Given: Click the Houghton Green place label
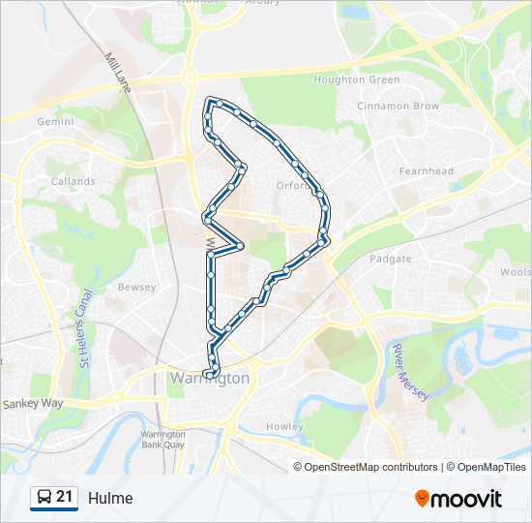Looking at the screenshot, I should (357, 79).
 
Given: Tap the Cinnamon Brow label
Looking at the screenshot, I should (398, 106).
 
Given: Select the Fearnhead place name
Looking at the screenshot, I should (426, 171).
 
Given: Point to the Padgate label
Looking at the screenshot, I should (391, 259).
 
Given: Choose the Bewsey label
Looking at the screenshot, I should (136, 288).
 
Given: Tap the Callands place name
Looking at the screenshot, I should (73, 181).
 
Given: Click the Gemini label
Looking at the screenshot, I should (55, 122).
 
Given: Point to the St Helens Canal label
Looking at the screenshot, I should (85, 329).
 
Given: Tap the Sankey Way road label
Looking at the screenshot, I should (33, 403).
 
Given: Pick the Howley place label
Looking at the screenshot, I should (284, 426).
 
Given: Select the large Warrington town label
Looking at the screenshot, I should (209, 379).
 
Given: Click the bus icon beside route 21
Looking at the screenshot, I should (43, 498).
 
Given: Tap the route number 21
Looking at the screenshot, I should (65, 498).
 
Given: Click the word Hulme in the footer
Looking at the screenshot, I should (110, 499).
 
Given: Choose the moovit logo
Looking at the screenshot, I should (458, 499).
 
